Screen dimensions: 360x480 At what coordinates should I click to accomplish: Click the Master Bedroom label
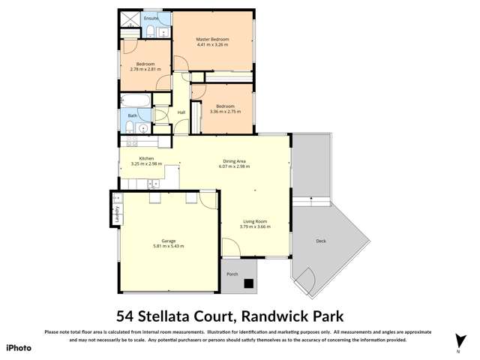pyautogui.click(x=212, y=39)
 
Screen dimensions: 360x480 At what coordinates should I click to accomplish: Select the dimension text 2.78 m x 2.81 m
pyautogui.click(x=145, y=69)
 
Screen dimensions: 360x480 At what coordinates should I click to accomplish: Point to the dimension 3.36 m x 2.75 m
pyautogui.click(x=221, y=112)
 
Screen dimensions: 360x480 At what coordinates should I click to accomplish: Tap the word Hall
pyautogui.click(x=181, y=112)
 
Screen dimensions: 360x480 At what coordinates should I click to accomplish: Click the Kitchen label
pyautogui.click(x=146, y=158)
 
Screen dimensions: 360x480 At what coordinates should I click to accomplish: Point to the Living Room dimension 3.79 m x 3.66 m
pyautogui.click(x=255, y=226)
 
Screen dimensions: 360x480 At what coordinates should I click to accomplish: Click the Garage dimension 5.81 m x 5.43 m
pyautogui.click(x=168, y=246)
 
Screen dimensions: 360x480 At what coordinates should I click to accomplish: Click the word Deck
pyautogui.click(x=321, y=241)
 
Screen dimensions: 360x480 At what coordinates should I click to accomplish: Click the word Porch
pyautogui.click(x=232, y=274)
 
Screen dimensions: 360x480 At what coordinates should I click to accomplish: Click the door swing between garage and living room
pyautogui.click(x=208, y=199)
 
